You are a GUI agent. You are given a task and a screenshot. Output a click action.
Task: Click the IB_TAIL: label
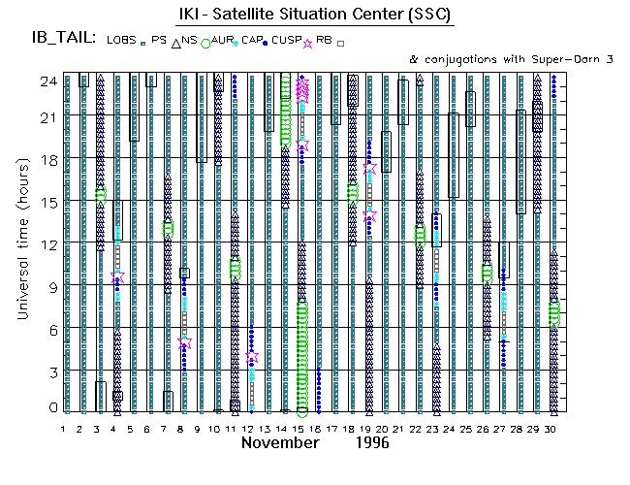click(62, 39)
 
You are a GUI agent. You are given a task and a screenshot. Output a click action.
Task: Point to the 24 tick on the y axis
click(46, 81)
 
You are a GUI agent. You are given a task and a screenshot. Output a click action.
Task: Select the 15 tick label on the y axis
click(46, 202)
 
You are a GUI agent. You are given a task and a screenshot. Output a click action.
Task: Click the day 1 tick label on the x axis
click(63, 428)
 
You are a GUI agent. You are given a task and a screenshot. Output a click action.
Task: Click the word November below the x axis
click(280, 443)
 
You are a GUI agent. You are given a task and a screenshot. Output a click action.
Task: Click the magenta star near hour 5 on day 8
click(184, 343)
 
